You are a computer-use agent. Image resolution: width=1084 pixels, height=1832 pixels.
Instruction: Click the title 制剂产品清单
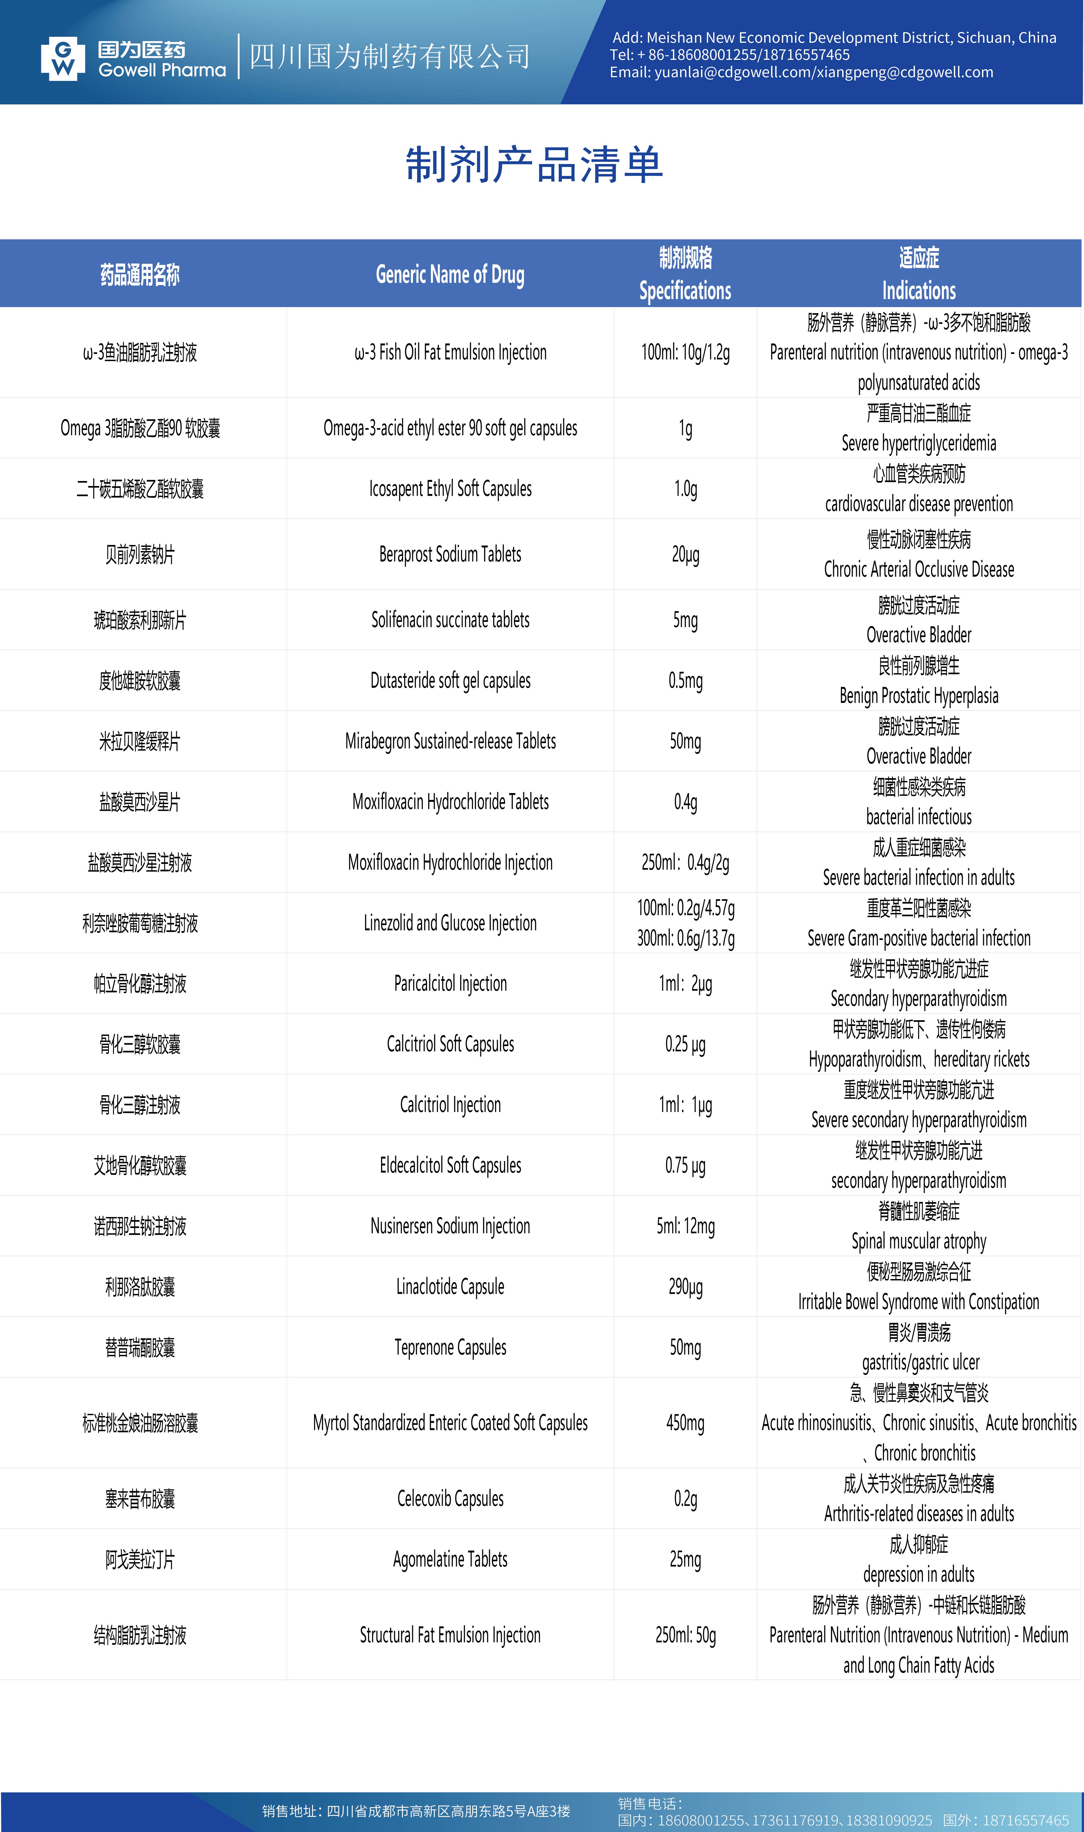534,165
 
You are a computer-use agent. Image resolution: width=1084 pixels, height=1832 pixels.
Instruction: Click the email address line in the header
801,72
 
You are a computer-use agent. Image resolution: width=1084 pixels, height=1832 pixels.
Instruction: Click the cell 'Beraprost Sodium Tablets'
450,554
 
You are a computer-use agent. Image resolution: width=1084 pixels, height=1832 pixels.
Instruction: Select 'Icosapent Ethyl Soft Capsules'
450,488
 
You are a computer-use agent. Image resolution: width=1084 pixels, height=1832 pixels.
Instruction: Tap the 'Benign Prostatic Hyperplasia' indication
919,696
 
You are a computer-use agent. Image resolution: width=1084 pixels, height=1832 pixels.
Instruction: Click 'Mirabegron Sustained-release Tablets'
450,741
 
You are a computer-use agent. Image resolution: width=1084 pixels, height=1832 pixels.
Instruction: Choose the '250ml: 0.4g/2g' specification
685,862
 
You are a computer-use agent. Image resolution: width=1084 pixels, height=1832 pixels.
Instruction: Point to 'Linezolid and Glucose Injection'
450,923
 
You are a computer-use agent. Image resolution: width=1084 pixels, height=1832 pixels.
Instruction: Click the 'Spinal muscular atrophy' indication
919,1241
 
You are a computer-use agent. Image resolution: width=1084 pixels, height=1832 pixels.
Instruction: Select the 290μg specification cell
685,1286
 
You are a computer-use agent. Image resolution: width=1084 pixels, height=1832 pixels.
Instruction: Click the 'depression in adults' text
919,1574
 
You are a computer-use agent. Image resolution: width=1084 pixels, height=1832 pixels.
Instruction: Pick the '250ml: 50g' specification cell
685,1635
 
